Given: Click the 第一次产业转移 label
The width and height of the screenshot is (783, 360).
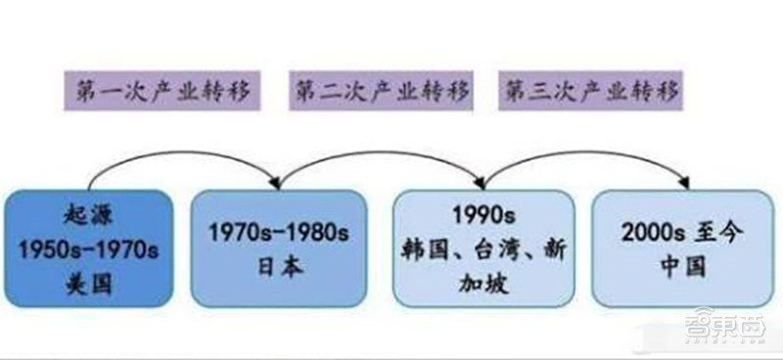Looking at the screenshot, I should (161, 91).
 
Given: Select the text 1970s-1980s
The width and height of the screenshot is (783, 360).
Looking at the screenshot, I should (279, 232).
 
